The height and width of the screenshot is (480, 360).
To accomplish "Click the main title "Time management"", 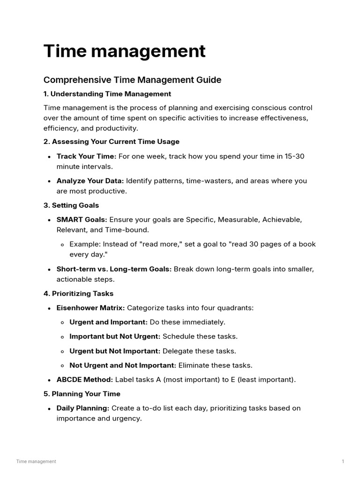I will [124, 52].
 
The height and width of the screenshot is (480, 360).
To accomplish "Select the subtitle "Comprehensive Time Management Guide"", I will [132, 80].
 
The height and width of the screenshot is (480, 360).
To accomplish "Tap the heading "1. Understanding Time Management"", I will [107, 94].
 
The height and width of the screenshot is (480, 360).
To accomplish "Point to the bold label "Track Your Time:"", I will [86, 156].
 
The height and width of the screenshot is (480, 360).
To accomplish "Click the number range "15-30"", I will [294, 156].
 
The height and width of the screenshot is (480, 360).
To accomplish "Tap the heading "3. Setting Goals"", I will [71, 205].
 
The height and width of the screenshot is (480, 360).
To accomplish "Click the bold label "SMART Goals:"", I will [82, 219].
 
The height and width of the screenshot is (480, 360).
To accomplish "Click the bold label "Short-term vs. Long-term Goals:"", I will [114, 269].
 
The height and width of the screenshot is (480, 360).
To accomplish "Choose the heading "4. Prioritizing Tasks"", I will [78, 293].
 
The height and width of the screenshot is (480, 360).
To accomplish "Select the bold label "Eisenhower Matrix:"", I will [90, 308].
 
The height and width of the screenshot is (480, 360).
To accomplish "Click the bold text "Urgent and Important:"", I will [108, 322].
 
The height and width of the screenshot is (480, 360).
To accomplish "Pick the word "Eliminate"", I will [195, 365].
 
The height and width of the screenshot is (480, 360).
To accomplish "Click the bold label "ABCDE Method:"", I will [84, 380].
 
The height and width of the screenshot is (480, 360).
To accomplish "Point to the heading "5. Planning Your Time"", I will [82, 394].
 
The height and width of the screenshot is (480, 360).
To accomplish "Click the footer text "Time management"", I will [36, 461].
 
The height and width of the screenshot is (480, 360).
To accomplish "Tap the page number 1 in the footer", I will [343, 461].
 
